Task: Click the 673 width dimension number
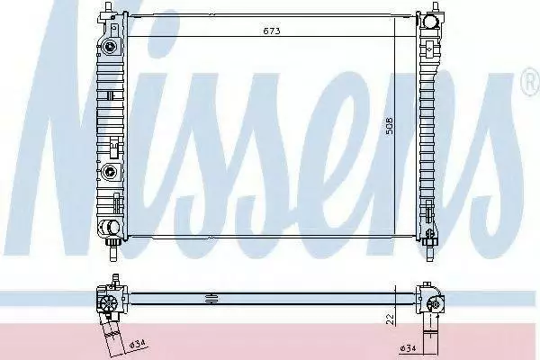click(x=272, y=31)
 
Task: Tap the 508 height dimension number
click(x=389, y=125)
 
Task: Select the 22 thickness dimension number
click(x=391, y=319)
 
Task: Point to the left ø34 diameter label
click(x=138, y=344)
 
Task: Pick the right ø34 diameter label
click(x=408, y=348)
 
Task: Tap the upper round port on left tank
click(x=110, y=46)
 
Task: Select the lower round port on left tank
click(x=110, y=170)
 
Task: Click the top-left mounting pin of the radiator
click(x=109, y=6)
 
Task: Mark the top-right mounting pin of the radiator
click(x=436, y=6)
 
